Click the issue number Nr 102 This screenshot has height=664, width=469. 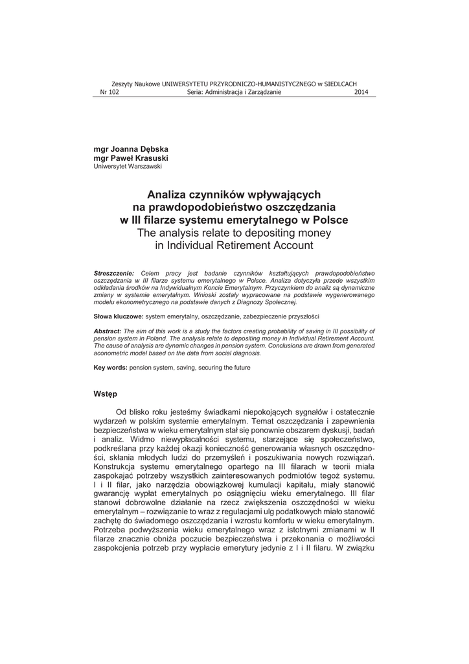click(109, 92)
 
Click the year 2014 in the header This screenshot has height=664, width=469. click(361, 92)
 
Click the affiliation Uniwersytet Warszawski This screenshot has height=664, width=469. click(128, 166)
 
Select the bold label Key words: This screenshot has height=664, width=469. click(111, 368)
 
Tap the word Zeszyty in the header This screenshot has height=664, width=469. click(122, 84)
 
